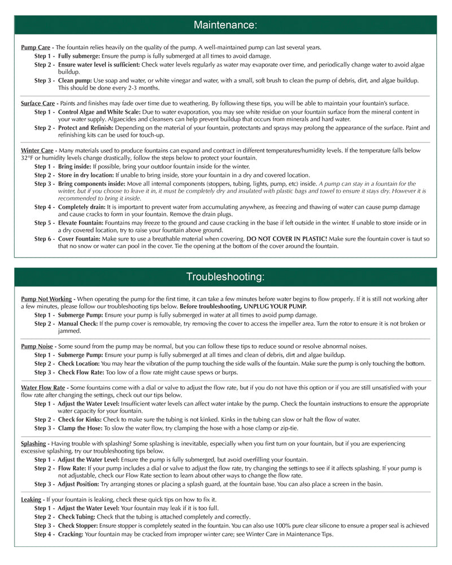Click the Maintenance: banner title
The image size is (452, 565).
[x=225, y=25]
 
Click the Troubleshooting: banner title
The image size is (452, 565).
[x=225, y=277]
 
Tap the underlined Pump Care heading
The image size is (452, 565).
[x=35, y=47]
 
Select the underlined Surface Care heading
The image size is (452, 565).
[x=38, y=104]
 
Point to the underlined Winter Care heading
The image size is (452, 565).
[x=37, y=151]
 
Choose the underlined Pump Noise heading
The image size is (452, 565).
[x=37, y=346]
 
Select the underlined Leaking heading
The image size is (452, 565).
[x=31, y=499]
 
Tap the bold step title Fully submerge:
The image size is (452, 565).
[x=79, y=56]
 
